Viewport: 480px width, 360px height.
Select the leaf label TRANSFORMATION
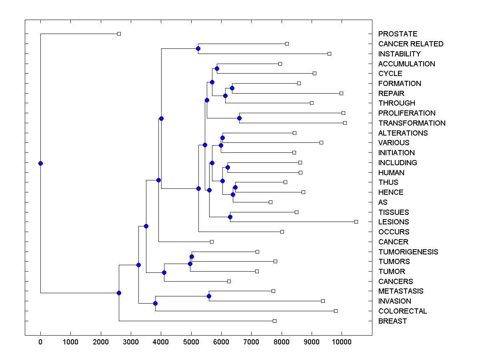point(412,123)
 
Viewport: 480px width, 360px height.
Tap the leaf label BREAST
point(392,321)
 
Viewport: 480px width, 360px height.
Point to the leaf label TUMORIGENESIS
point(408,252)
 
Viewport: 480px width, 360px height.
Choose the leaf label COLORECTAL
point(402,311)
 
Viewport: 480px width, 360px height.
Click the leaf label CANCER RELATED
point(410,44)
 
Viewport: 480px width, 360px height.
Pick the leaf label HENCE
point(391,192)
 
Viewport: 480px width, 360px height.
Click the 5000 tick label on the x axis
point(191,342)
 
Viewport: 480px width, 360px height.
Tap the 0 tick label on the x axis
point(40,342)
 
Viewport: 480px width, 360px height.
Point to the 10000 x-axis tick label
point(342,342)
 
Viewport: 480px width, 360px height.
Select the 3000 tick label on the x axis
point(131,342)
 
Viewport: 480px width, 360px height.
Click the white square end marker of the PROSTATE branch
point(119,34)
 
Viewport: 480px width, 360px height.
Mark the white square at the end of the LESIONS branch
point(356,222)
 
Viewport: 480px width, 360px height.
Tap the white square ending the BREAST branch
point(274,321)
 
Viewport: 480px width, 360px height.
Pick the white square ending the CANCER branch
point(212,242)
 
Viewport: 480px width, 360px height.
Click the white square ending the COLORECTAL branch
point(336,311)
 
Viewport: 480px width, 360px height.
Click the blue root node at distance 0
point(40,163)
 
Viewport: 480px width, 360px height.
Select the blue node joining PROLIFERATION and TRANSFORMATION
point(239,118)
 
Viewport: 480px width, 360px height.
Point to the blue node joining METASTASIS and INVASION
point(209,296)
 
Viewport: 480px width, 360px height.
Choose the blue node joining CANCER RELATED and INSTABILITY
point(198,49)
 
